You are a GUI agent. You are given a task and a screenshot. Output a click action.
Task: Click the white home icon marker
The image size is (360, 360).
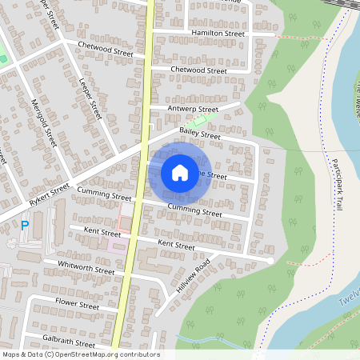click(180, 172)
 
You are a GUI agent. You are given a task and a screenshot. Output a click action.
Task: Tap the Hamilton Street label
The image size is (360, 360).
click(218, 34)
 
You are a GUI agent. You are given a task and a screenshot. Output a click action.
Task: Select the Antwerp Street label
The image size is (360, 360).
click(192, 110)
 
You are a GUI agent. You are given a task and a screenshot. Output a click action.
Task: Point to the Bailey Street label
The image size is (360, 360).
click(199, 136)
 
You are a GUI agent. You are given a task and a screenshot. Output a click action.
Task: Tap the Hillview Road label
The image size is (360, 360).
click(193, 276)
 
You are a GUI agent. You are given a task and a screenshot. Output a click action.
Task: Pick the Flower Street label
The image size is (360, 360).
click(76, 305)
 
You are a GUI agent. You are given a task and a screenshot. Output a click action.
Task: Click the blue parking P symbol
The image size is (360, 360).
click(24, 226)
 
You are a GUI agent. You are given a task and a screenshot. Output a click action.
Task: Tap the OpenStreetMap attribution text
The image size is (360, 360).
click(80, 354)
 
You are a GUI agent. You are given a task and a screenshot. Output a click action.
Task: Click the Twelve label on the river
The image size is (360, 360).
click(349, 298)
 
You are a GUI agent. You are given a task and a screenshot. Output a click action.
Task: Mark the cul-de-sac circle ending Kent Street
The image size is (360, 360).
click(270, 261)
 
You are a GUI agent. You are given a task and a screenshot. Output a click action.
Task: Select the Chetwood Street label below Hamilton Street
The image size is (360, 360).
click(200, 70)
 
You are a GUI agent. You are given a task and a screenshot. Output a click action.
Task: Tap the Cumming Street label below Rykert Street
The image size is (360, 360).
click(105, 195)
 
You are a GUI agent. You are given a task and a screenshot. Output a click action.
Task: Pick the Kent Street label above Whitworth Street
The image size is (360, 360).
click(94, 234)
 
